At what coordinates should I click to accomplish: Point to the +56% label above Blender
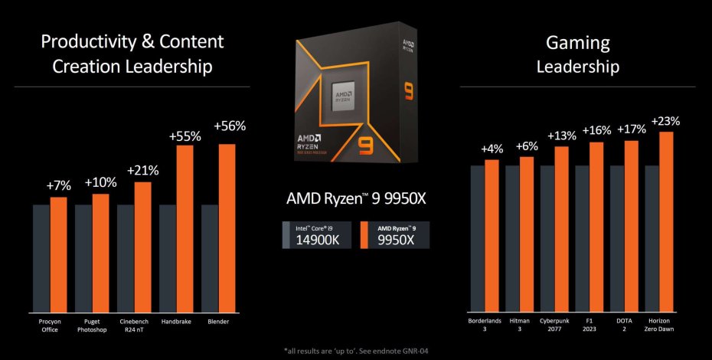230,126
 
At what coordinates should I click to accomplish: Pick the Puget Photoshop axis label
91,325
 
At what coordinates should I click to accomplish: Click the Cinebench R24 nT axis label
134,325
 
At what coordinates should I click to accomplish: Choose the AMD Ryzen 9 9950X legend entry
393,234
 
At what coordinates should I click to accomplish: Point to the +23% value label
666,121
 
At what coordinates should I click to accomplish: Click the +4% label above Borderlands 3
491,149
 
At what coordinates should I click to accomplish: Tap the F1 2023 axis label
589,325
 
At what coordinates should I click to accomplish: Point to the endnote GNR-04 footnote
356,351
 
